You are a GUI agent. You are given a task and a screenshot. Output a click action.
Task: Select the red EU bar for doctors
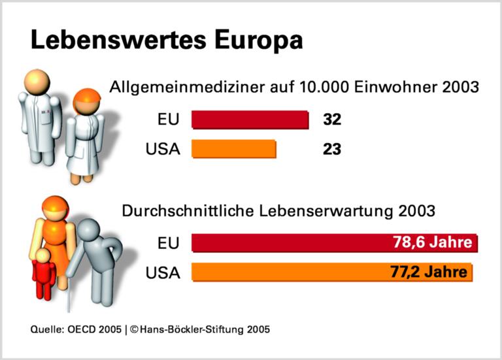click(250, 120)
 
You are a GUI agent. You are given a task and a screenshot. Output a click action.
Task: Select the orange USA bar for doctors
click(233, 149)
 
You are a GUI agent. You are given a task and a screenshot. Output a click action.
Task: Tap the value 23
click(332, 149)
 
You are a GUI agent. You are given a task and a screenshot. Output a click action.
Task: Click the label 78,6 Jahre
click(432, 242)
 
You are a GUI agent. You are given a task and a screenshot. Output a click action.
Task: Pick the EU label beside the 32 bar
click(168, 120)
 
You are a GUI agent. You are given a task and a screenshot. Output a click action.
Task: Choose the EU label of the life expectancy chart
click(168, 242)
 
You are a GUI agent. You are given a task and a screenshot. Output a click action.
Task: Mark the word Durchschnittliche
click(184, 212)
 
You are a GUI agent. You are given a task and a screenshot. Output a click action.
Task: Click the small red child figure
click(43, 274)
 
